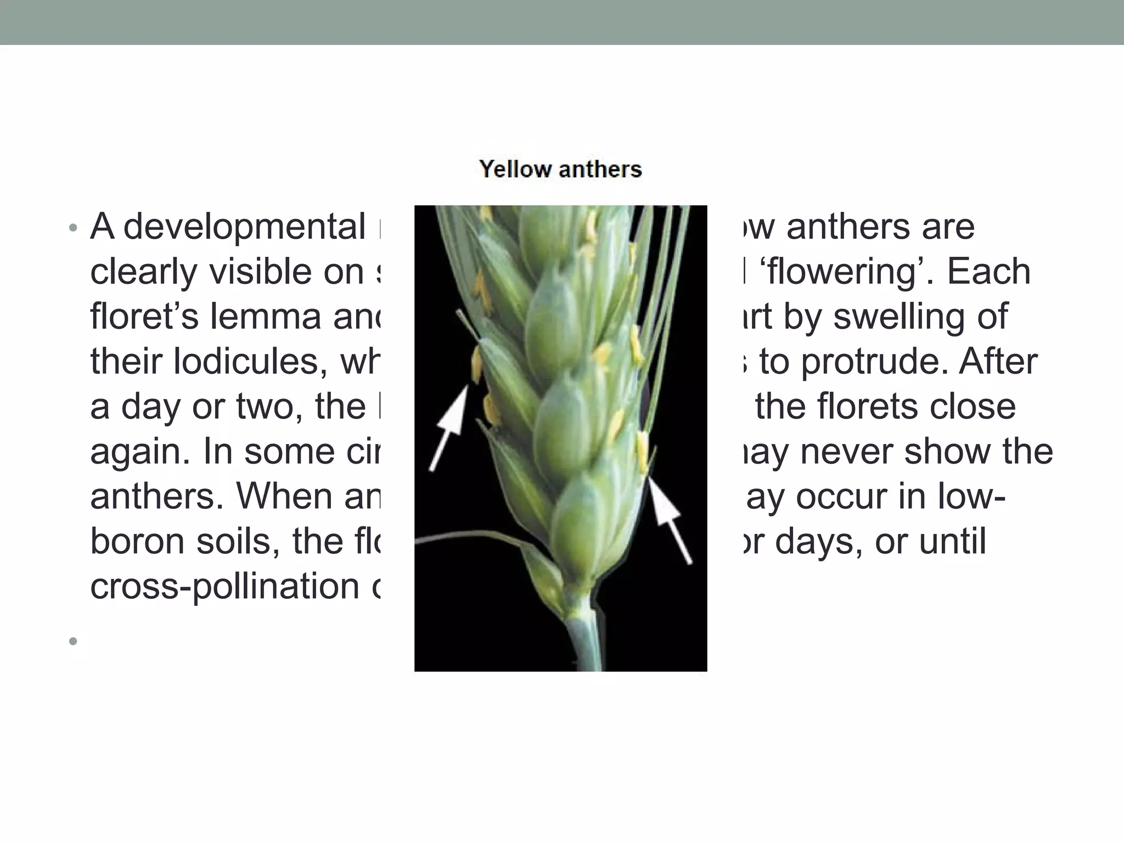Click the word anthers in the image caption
coord(600,169)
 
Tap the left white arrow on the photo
coord(449,428)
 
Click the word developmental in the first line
coord(244,227)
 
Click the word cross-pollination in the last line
coord(224,587)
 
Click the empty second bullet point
coord(73,640)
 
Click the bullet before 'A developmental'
coord(73,228)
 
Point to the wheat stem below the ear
coord(582,642)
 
